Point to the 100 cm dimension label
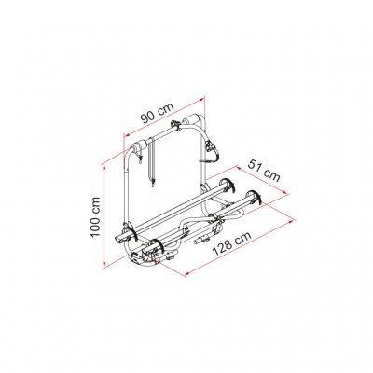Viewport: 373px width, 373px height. tap(95, 216)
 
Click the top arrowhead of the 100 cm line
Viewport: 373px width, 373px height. tap(104, 168)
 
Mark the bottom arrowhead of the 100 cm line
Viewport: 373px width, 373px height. tap(104, 264)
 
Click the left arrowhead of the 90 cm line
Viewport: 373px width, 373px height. tap(127, 134)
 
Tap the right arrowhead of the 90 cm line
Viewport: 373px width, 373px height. tap(202, 99)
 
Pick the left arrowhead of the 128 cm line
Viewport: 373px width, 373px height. tap(188, 274)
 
